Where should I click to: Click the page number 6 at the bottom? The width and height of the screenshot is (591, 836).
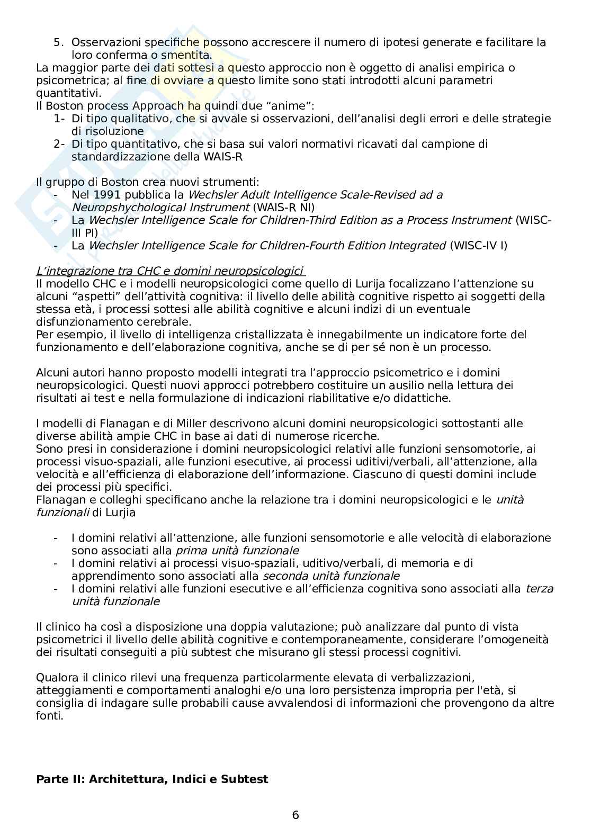pos(295,815)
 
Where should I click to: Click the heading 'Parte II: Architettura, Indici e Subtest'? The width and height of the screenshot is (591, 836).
pos(152,779)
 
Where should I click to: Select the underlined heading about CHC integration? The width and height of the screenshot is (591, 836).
pos(171,271)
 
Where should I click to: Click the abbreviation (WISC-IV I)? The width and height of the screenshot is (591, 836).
pos(478,246)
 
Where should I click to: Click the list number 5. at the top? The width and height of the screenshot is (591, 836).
pos(59,42)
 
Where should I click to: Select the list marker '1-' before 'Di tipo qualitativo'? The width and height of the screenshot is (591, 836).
pos(59,119)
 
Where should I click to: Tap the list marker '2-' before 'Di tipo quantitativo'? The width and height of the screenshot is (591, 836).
pos(59,144)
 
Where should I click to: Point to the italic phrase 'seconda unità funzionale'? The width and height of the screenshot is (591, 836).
pos(331,576)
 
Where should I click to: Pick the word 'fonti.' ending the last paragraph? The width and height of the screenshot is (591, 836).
pos(50,716)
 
